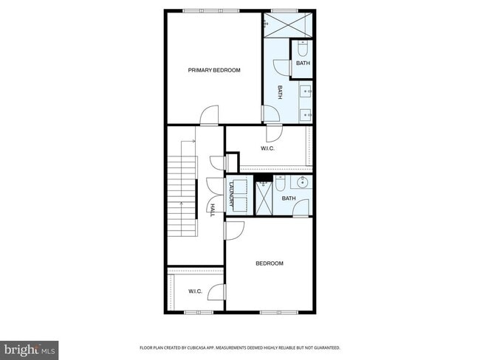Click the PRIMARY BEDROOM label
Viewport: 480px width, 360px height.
click(x=214, y=70)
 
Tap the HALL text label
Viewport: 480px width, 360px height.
click(x=212, y=210)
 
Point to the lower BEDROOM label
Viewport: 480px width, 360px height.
click(x=270, y=263)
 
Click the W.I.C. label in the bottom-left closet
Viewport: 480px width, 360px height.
click(x=195, y=291)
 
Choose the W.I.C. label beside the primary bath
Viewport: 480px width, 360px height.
click(x=267, y=149)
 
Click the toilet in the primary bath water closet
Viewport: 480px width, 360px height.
click(x=303, y=49)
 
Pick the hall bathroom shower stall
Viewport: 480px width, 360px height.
click(x=264, y=197)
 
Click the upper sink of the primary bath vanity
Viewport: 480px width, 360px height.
click(x=306, y=91)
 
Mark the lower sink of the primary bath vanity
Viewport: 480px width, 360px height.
click(x=306, y=114)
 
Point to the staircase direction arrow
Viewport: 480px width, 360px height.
click(x=193, y=140)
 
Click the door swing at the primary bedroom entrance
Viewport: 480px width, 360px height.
click(x=209, y=116)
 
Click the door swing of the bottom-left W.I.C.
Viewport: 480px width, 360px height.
click(x=216, y=292)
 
